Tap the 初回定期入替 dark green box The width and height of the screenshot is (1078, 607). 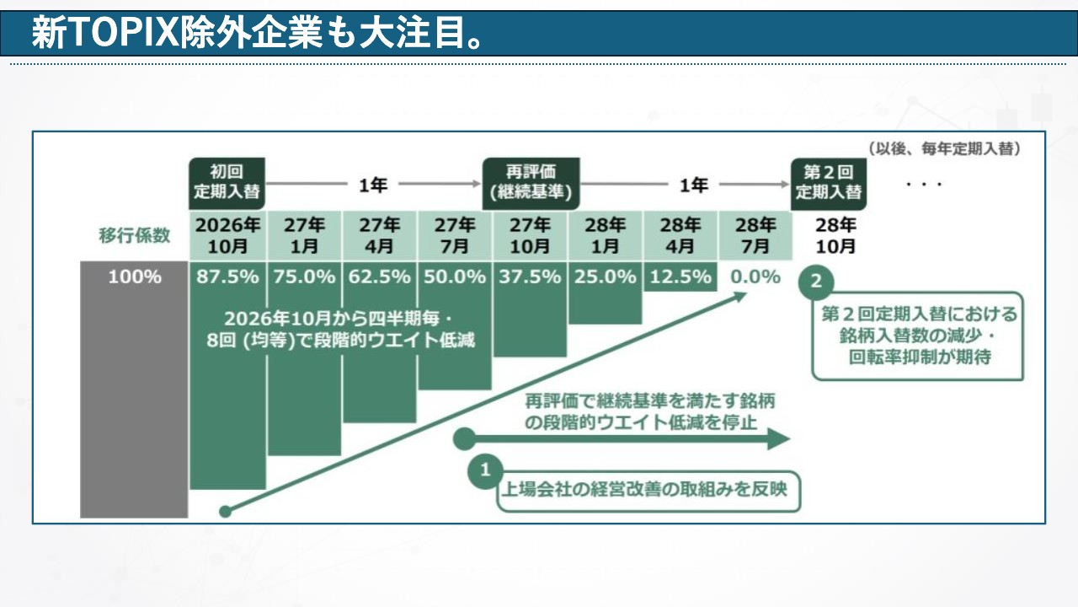227,181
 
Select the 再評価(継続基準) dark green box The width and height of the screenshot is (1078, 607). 531,181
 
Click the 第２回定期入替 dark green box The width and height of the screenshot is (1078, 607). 829,181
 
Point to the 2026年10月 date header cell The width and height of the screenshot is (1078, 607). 228,235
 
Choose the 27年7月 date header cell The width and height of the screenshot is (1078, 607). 455,235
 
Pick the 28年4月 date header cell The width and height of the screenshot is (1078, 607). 680,235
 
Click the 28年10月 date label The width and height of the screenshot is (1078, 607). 835,235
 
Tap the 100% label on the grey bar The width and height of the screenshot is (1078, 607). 135,277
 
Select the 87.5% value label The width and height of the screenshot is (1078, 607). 228,277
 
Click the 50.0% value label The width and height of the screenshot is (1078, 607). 455,277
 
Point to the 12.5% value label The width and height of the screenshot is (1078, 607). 680,277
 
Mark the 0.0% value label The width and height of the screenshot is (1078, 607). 755,277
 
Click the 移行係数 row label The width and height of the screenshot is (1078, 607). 135,235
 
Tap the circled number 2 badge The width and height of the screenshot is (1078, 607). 815,282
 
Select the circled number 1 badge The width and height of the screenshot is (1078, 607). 484,471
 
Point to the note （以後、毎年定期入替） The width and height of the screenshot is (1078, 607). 944,148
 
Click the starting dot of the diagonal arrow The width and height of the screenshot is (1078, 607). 225,510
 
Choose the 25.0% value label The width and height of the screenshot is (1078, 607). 605,277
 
